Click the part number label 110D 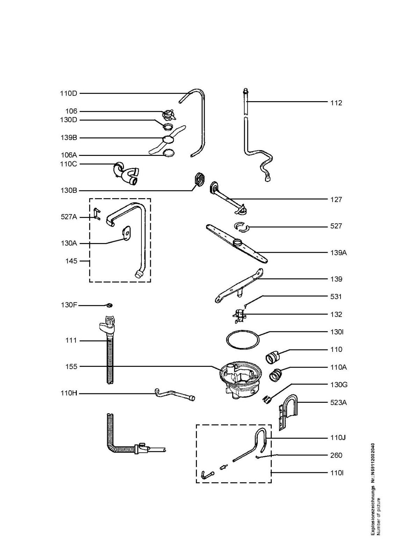pyautogui.click(x=68, y=93)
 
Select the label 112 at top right pyautogui.click(x=336, y=103)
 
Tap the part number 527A pyautogui.click(x=69, y=217)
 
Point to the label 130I pyautogui.click(x=337, y=332)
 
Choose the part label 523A pyautogui.click(x=338, y=402)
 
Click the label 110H pyautogui.click(x=68, y=394)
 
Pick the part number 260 pyautogui.click(x=336, y=455)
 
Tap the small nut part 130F pyautogui.click(x=109, y=306)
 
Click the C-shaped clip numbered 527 pyautogui.click(x=241, y=227)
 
